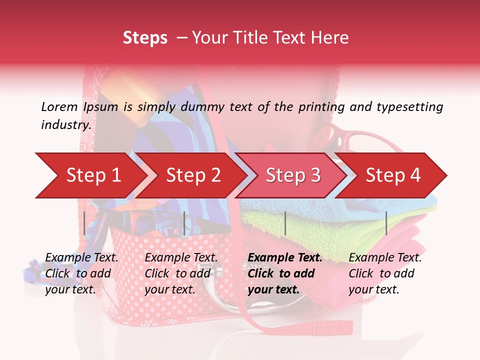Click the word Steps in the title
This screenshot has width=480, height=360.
pyautogui.click(x=145, y=38)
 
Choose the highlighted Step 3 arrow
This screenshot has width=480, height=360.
pyautogui.click(x=293, y=175)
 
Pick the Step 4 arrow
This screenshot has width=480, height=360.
pyautogui.click(x=393, y=175)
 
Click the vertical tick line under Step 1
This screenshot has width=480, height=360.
pyautogui.click(x=84, y=223)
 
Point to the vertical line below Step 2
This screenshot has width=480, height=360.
pyautogui.click(x=184, y=223)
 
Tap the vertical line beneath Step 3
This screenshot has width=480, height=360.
pyautogui.click(x=285, y=223)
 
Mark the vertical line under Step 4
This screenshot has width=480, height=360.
pyautogui.click(x=386, y=223)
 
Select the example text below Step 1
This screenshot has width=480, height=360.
pyautogui.click(x=81, y=273)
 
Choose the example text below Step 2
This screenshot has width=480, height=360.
pyautogui.click(x=181, y=273)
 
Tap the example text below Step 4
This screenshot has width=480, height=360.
pyautogui.click(x=385, y=273)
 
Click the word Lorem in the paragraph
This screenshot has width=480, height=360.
pyautogui.click(x=59, y=106)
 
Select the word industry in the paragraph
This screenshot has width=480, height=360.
pyautogui.click(x=66, y=124)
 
